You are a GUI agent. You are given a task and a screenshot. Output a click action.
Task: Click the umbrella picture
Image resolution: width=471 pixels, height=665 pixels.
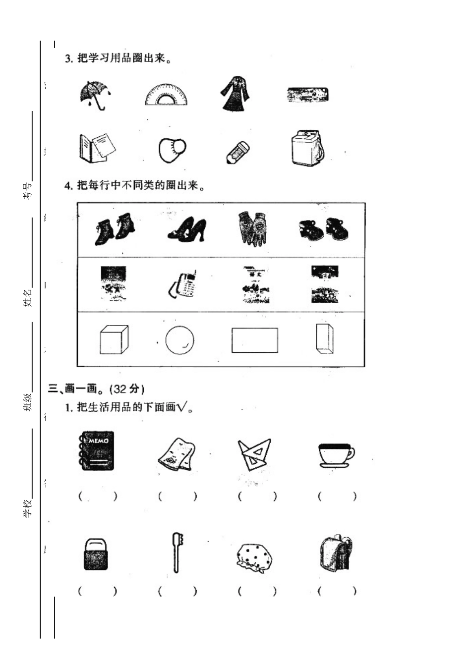[95, 95]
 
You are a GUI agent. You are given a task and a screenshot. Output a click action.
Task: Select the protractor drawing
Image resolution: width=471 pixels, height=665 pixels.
[167, 95]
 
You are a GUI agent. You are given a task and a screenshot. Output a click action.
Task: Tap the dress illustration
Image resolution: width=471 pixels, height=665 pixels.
[234, 94]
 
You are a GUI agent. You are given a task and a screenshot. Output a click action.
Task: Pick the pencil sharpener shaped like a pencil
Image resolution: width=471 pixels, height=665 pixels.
[237, 152]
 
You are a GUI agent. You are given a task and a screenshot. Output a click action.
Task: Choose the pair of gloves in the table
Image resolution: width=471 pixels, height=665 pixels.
[253, 228]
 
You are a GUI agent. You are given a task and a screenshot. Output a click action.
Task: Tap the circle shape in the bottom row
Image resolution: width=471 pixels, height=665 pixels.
[179, 340]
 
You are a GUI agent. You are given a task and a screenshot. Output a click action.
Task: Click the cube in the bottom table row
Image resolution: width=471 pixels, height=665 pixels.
[114, 340]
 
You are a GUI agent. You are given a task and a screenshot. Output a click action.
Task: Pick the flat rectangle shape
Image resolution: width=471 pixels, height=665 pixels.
[254, 340]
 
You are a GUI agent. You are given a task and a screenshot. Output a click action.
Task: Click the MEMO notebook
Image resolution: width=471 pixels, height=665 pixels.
[97, 450]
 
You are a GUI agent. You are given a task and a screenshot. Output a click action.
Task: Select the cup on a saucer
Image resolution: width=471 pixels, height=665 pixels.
[336, 454]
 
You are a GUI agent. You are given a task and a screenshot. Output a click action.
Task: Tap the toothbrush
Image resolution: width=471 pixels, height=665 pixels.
[177, 552]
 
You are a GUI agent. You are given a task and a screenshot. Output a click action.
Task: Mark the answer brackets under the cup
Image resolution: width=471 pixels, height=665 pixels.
[337, 496]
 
